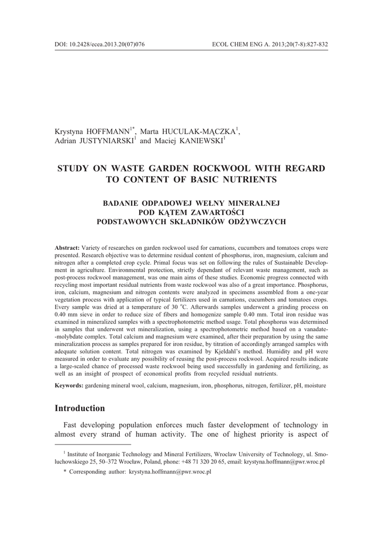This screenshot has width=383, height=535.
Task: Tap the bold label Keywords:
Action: pos(69,386)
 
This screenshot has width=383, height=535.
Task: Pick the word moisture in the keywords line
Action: pos(316,386)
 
